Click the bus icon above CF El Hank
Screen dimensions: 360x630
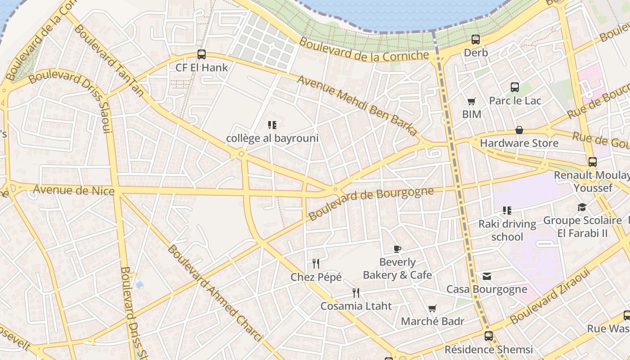202,54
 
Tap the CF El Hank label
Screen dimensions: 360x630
202,68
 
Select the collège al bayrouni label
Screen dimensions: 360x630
272,138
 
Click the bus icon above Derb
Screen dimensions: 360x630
476,40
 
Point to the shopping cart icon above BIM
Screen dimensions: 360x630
471,102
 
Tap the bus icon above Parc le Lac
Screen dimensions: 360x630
515,87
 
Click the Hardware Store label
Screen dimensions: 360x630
519,143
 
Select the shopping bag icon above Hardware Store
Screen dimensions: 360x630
519,130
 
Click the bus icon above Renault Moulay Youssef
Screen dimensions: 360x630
593,162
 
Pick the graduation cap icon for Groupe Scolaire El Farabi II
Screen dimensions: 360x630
582,207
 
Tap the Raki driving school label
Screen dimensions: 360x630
507,230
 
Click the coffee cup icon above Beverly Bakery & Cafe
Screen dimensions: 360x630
397,249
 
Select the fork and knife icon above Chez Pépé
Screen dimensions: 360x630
316,264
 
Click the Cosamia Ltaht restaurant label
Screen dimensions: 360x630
356,306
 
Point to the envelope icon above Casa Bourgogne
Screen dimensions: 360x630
487,276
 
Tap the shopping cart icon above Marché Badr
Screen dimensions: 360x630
432,309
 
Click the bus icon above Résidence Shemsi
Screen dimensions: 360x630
489,336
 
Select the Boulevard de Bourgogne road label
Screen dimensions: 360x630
371,203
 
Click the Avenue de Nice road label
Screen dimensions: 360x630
74,190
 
